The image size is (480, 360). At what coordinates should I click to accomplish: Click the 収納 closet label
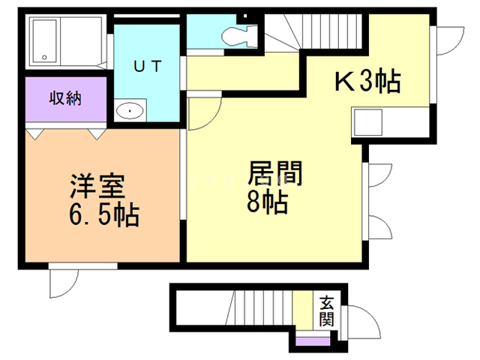[x=66, y=97]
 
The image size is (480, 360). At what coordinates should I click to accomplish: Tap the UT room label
[x=147, y=66]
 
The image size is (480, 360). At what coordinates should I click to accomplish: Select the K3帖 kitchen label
[x=367, y=80]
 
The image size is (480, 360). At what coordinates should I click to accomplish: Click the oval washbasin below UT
[x=130, y=112]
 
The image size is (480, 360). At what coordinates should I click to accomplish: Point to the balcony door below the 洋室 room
[x=64, y=283]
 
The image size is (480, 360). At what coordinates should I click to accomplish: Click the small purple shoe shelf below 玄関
[x=312, y=342]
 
